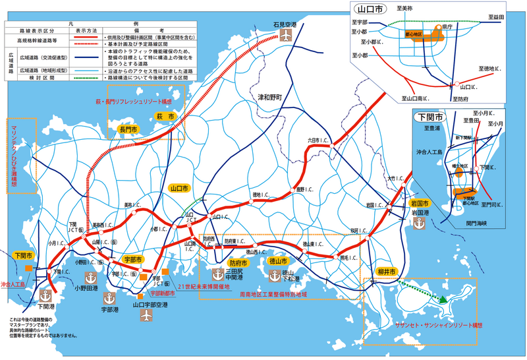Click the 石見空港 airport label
285,24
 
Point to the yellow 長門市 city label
127,129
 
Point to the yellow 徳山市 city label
280,260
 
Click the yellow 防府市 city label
229,262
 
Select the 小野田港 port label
86,287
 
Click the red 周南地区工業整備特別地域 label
273,291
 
